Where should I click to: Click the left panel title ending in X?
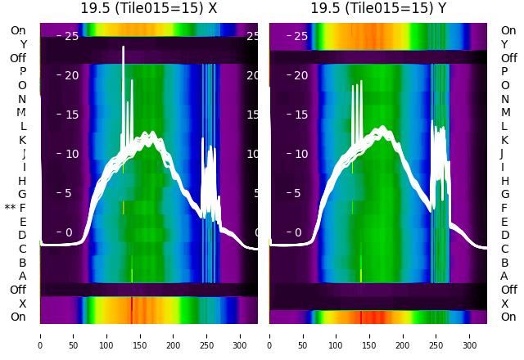click(148, 8)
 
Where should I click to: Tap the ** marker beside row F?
click(10, 209)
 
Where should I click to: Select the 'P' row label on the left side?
click(23, 72)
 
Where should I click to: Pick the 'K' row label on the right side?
click(504, 140)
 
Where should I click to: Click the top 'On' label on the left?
click(18, 31)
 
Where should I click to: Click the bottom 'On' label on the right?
click(508, 317)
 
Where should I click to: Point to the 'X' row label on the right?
click(504, 304)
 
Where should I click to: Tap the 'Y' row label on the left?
click(23, 45)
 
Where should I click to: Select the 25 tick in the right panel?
click(300, 36)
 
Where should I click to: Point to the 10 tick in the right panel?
click(300, 154)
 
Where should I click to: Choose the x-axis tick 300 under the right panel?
click(470, 335)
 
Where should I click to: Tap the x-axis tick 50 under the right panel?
click(303, 335)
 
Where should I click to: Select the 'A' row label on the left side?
click(23, 277)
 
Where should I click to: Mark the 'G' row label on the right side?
click(504, 195)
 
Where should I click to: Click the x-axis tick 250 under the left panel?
click(207, 335)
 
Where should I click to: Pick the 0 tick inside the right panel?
click(298, 232)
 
